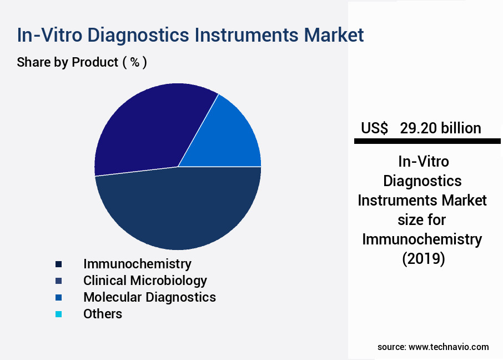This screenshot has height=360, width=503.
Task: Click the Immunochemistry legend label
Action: [x=137, y=263]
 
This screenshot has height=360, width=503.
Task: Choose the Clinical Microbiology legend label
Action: [x=145, y=280]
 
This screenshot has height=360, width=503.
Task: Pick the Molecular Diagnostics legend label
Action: [x=149, y=297]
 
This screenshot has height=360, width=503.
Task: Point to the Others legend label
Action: [x=103, y=313]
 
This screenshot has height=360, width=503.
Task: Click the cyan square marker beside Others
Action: [x=58, y=314]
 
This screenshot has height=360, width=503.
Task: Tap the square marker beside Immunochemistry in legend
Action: [x=58, y=264]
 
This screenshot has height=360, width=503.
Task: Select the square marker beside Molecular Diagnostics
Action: [x=58, y=297]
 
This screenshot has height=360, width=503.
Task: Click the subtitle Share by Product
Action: [x=67, y=62]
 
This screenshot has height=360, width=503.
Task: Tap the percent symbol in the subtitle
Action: [x=134, y=62]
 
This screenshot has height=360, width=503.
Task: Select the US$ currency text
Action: [x=375, y=128]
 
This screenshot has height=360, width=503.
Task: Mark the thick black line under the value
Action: [x=427, y=142]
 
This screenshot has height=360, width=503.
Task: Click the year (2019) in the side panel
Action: [x=422, y=259]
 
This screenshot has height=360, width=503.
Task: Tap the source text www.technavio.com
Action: [x=449, y=347]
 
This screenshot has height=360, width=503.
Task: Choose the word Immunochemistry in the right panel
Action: [x=422, y=239]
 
